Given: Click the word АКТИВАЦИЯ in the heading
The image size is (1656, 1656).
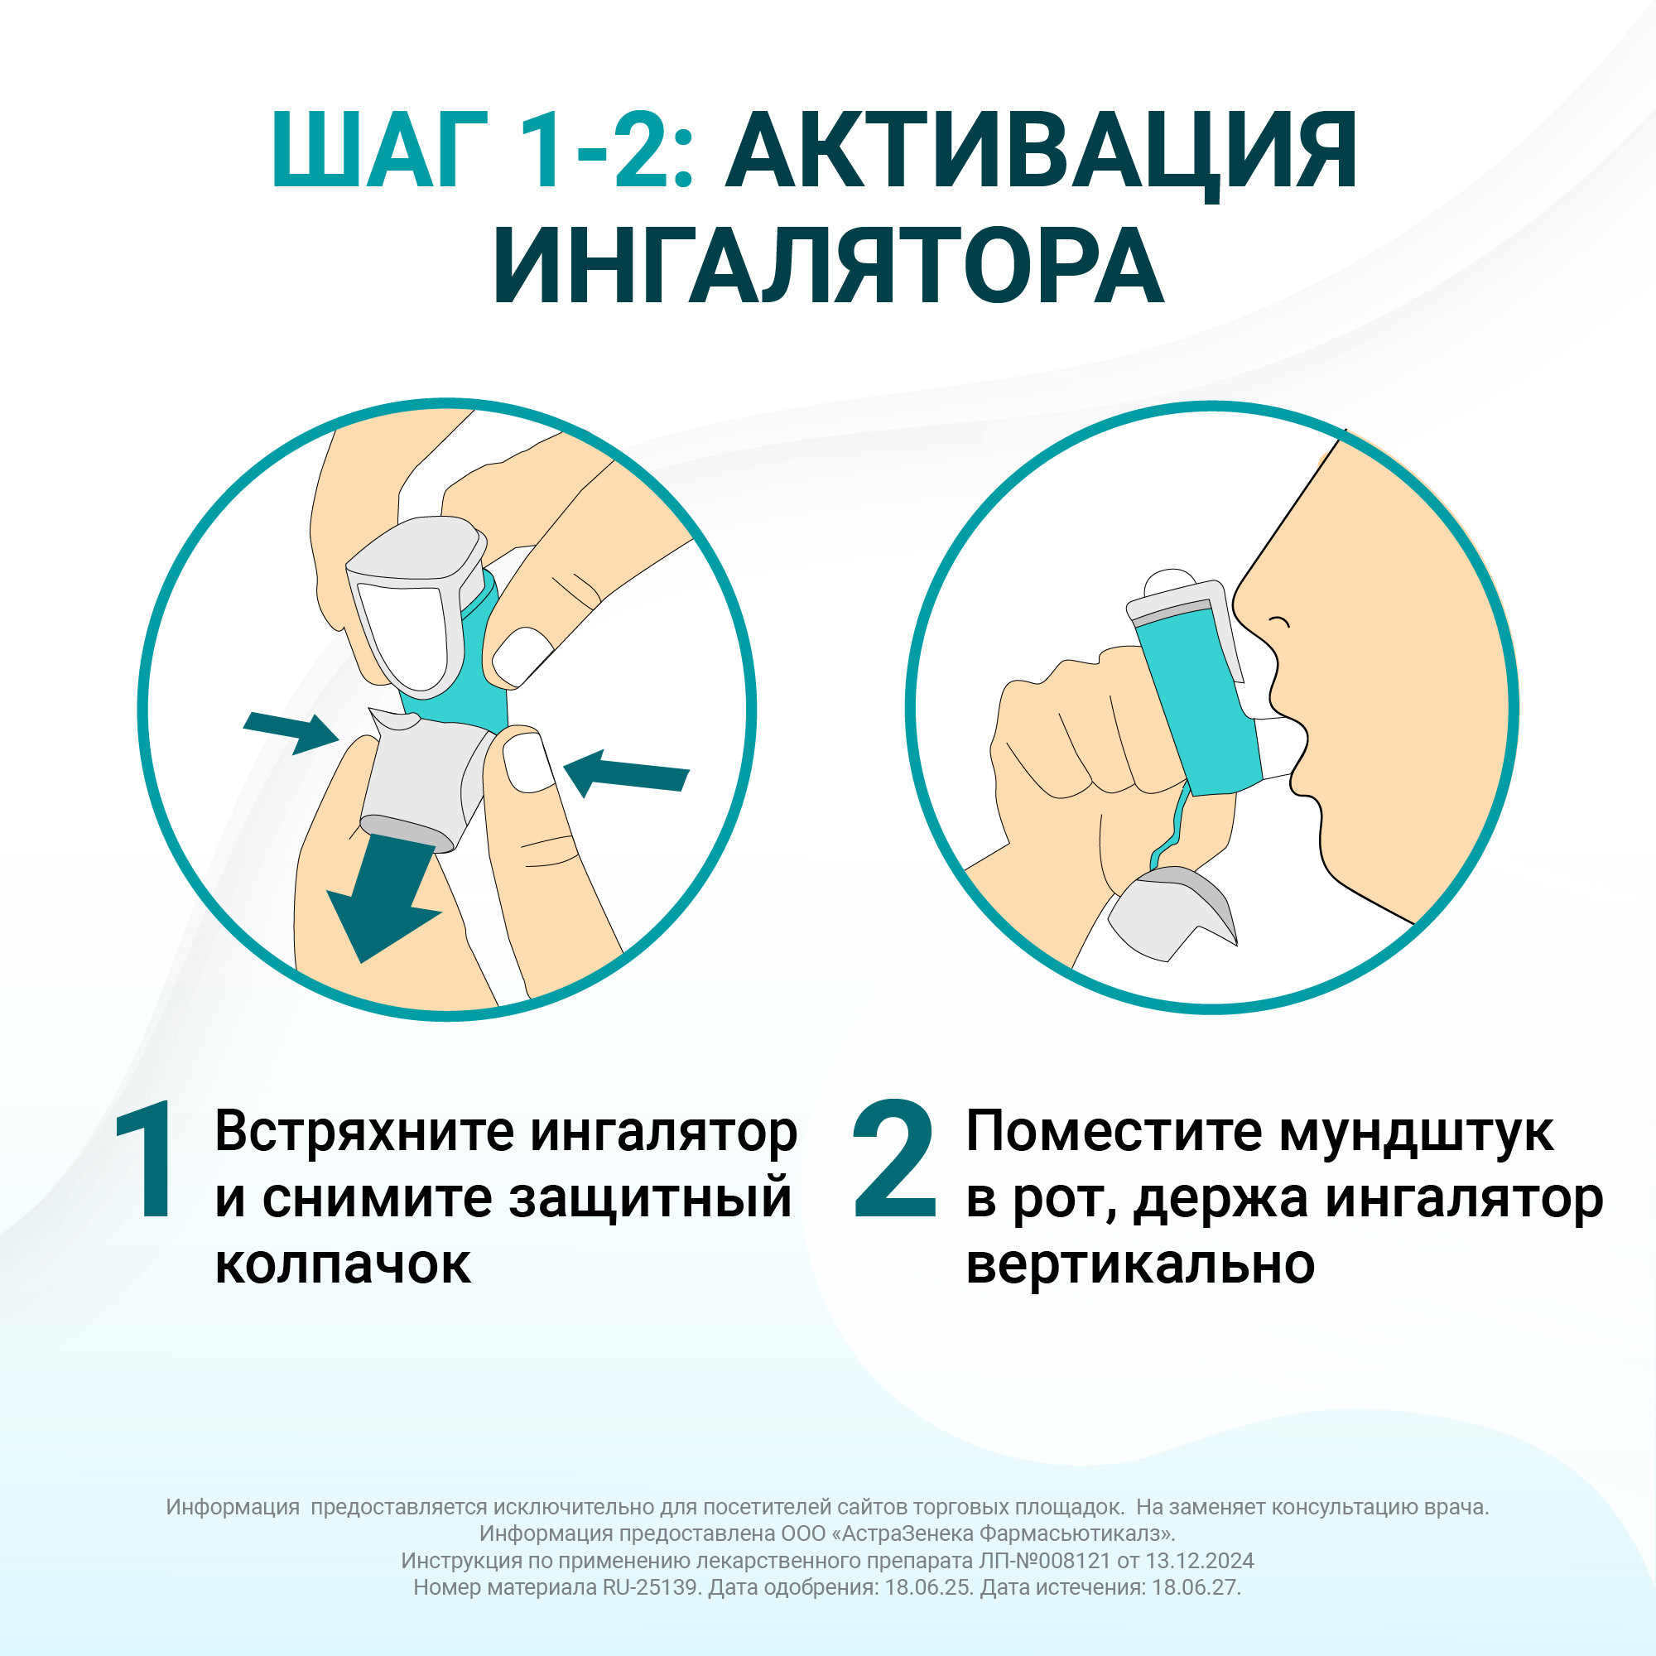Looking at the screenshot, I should point(1041,151).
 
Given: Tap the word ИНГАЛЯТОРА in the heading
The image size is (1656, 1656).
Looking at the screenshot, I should point(828,267).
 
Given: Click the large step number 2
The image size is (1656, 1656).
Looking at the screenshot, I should point(894,1162).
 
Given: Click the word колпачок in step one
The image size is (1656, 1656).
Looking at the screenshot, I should point(342,1265).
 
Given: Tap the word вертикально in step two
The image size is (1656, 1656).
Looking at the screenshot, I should point(1139,1265).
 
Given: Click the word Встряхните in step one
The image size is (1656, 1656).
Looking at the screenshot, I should point(364,1132).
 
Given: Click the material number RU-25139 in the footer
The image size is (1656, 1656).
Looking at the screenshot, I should point(651,1587).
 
